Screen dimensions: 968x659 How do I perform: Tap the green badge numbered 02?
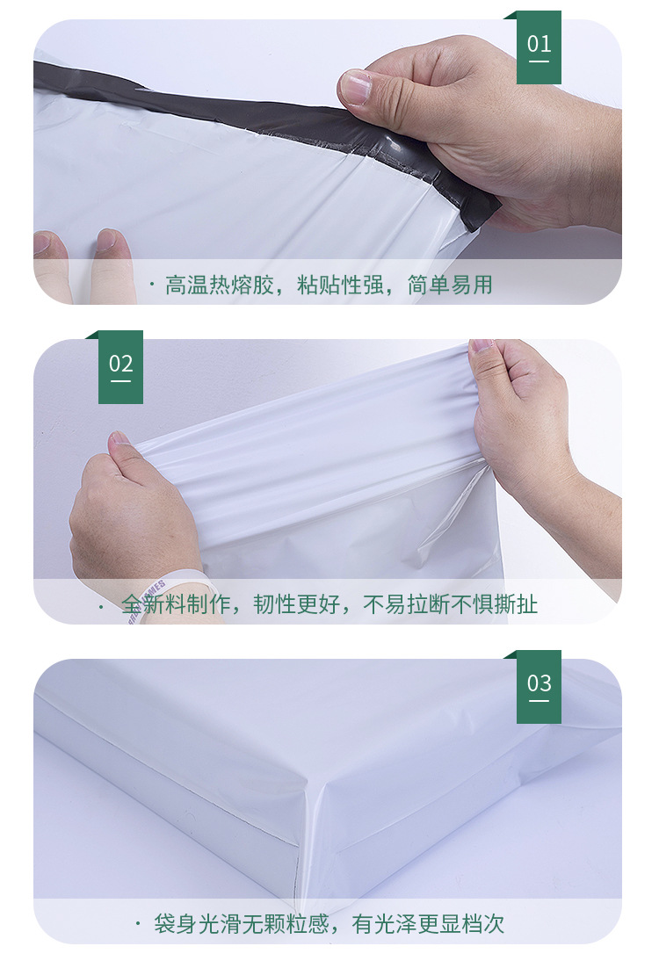[120, 366]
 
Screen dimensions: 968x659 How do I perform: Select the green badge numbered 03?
[539, 686]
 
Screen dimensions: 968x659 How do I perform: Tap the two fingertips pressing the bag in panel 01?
[83, 255]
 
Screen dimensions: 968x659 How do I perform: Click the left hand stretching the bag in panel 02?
[132, 509]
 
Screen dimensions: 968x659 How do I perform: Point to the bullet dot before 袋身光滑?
[138, 924]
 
